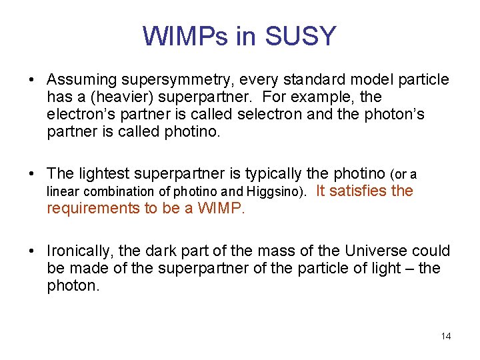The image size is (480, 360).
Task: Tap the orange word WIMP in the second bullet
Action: pyautogui.click(x=223, y=208)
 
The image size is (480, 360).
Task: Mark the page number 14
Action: pyautogui.click(x=446, y=336)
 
